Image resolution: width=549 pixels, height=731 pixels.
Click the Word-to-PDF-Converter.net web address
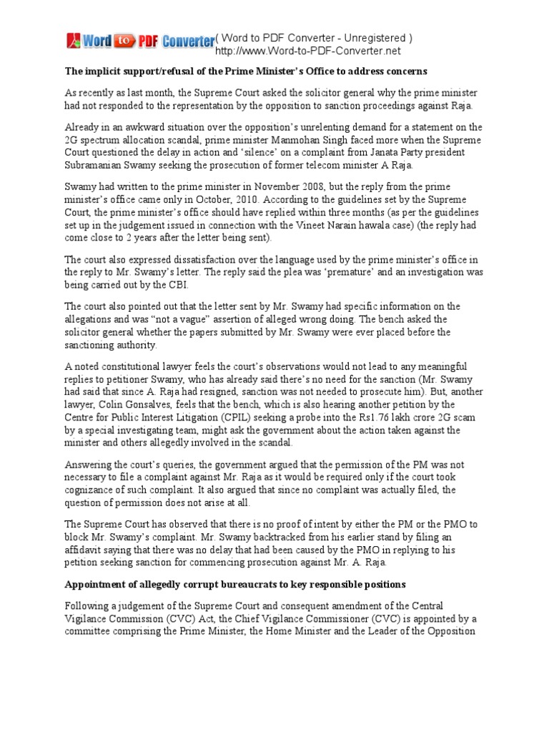tap(307, 51)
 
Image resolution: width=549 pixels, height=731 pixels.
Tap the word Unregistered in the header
tap(371, 38)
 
